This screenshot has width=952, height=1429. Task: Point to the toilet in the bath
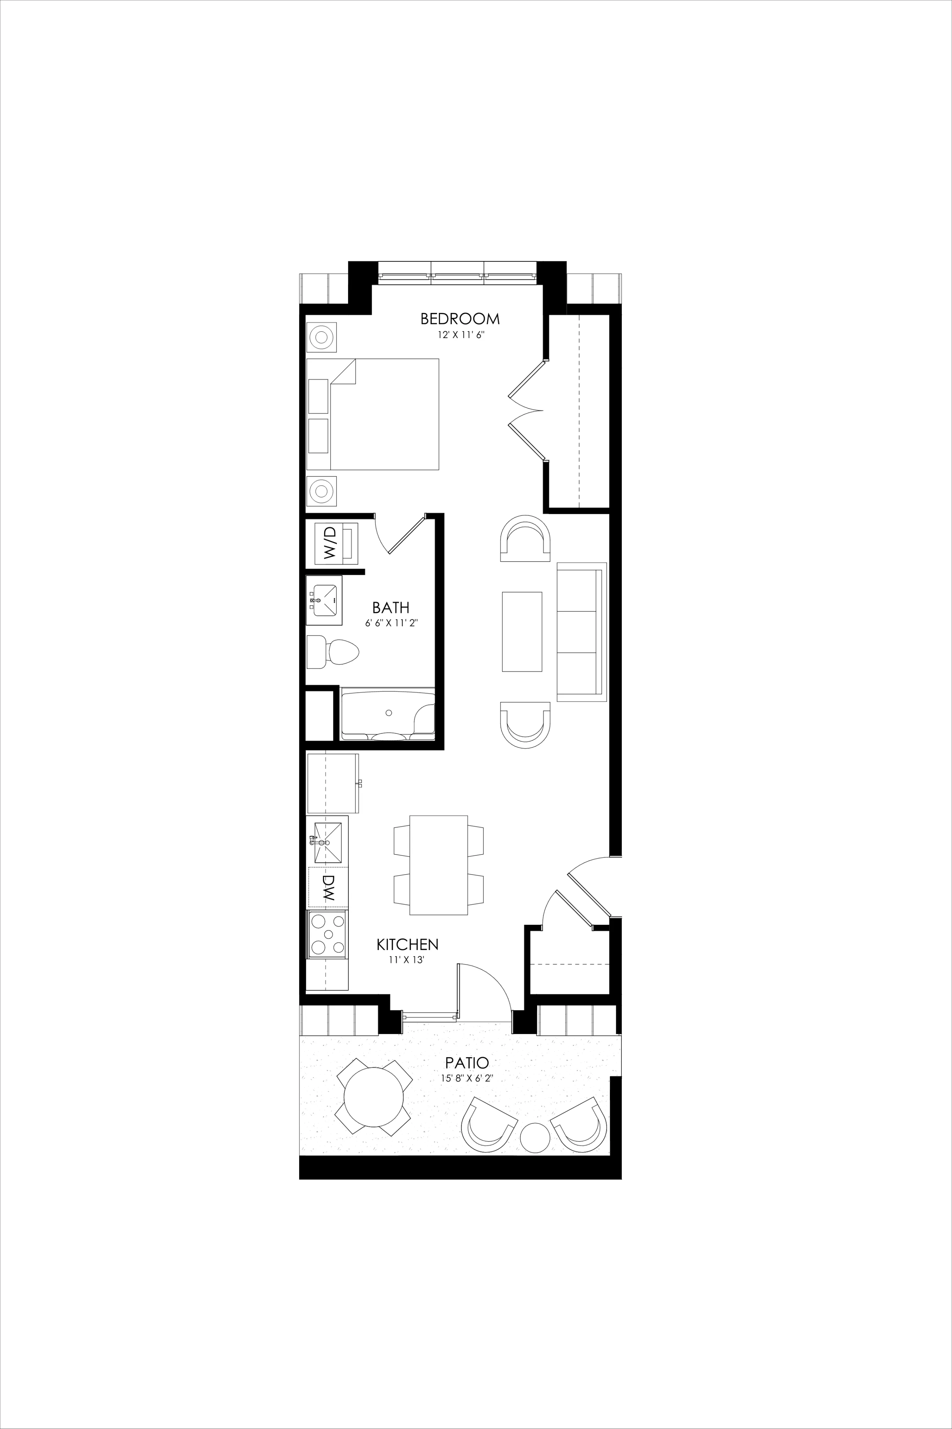point(337,651)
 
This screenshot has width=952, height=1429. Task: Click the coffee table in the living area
point(522,631)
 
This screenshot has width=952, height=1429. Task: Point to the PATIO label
point(467,1063)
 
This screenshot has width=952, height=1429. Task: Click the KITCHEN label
point(407,944)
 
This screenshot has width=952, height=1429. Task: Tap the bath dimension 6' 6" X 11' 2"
point(392,623)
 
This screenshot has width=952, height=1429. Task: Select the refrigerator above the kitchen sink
point(333,784)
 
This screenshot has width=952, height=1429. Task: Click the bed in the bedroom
point(373,414)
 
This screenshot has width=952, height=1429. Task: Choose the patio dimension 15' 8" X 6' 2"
point(467,1079)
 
